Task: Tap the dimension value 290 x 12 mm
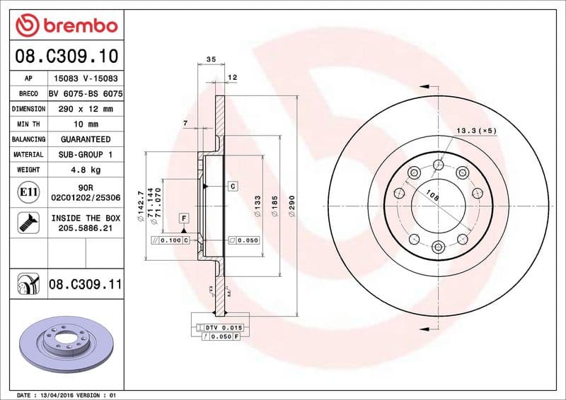click(86, 109)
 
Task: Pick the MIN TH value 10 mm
click(86, 124)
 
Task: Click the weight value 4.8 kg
click(86, 170)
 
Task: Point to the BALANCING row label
click(28, 139)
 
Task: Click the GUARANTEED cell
click(86, 139)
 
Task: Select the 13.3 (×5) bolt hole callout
click(475, 131)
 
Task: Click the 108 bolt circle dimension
click(432, 198)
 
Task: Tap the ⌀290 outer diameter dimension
click(291, 206)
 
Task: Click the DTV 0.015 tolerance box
click(224, 328)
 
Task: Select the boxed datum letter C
click(232, 186)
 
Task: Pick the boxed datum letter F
click(183, 218)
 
